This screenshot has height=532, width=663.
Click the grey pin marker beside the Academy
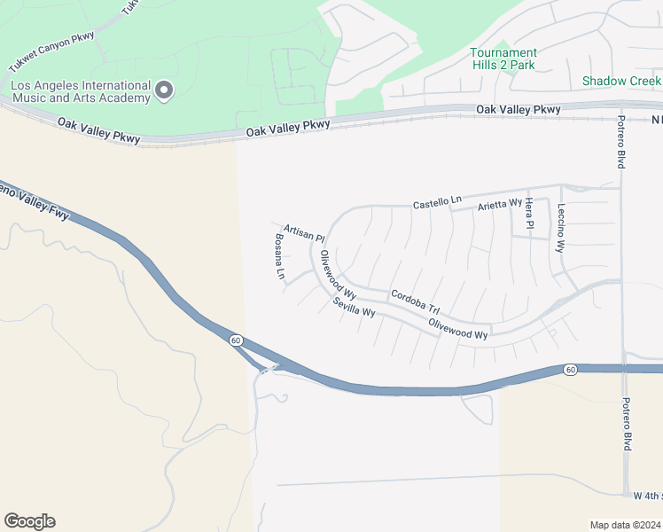pos(164,90)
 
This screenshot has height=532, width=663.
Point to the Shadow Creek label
pos(621,81)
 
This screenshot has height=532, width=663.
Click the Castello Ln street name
pos(438,203)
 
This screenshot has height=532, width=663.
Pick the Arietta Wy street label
pos(500,204)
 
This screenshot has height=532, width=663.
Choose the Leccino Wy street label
pos(560,229)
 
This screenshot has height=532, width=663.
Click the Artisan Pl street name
pos(305,233)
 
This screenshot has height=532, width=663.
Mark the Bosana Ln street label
pos(279,257)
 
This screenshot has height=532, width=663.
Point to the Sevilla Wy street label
pos(355,308)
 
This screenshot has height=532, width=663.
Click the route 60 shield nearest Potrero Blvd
pos(570,368)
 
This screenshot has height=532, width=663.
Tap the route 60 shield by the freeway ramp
pos(235,340)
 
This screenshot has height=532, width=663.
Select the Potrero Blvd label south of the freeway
pos(627,423)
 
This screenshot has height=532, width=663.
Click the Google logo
pos(29,521)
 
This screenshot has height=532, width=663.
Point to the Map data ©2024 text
pos(625,525)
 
